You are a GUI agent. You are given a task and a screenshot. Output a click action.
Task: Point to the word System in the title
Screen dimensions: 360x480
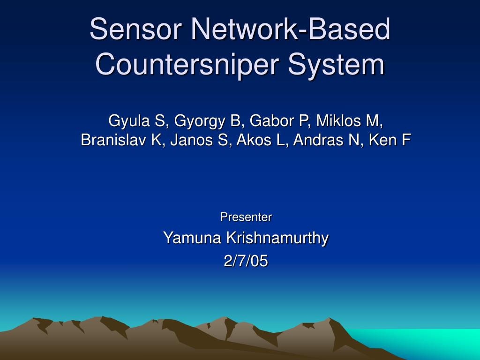336,64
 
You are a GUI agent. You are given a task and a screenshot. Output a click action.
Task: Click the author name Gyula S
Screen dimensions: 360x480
138,121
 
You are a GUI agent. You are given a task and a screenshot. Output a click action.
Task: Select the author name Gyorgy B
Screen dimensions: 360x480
207,121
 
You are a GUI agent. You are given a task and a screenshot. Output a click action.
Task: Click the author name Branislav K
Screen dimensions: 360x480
120,140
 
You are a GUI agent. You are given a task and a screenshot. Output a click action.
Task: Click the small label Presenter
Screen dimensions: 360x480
246,217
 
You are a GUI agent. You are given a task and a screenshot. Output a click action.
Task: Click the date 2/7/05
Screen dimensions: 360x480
246,261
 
